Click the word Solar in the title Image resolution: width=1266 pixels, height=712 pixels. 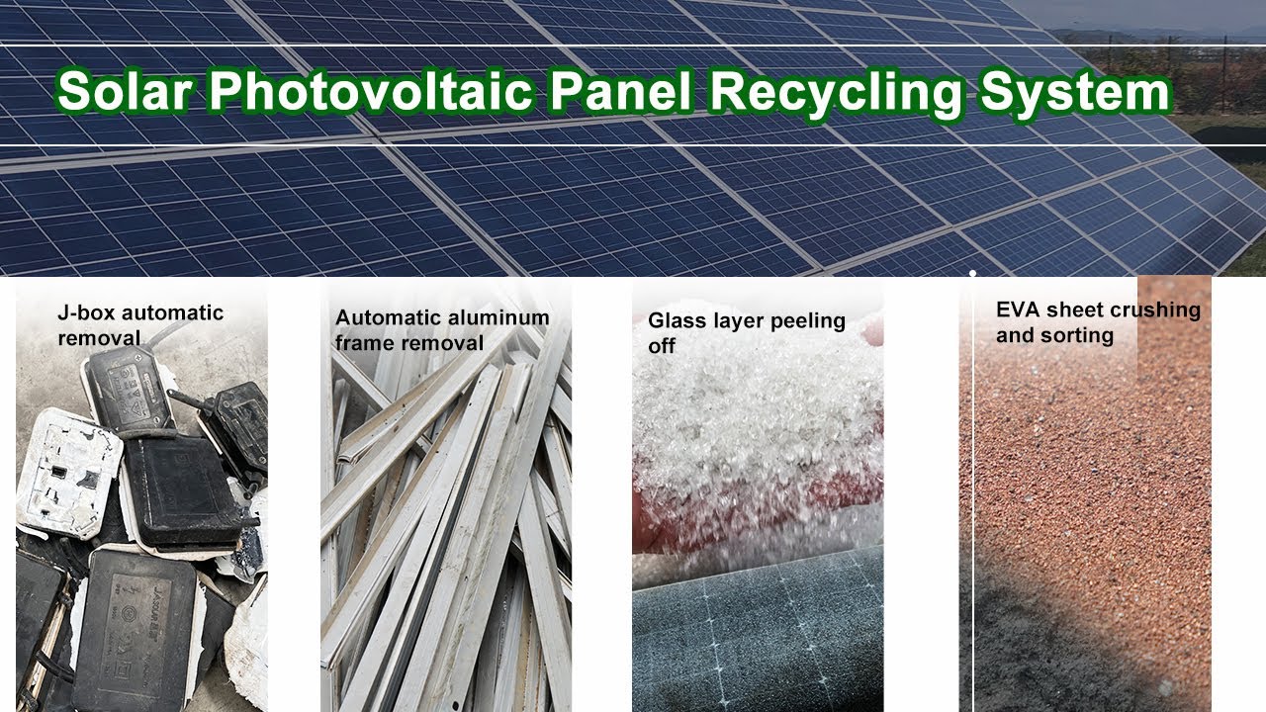124,93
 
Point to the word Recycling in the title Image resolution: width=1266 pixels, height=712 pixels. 838,93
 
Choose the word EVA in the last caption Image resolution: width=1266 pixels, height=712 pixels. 1018,311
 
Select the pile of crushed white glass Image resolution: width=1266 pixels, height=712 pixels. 757,435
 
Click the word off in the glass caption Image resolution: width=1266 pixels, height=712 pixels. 661,347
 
